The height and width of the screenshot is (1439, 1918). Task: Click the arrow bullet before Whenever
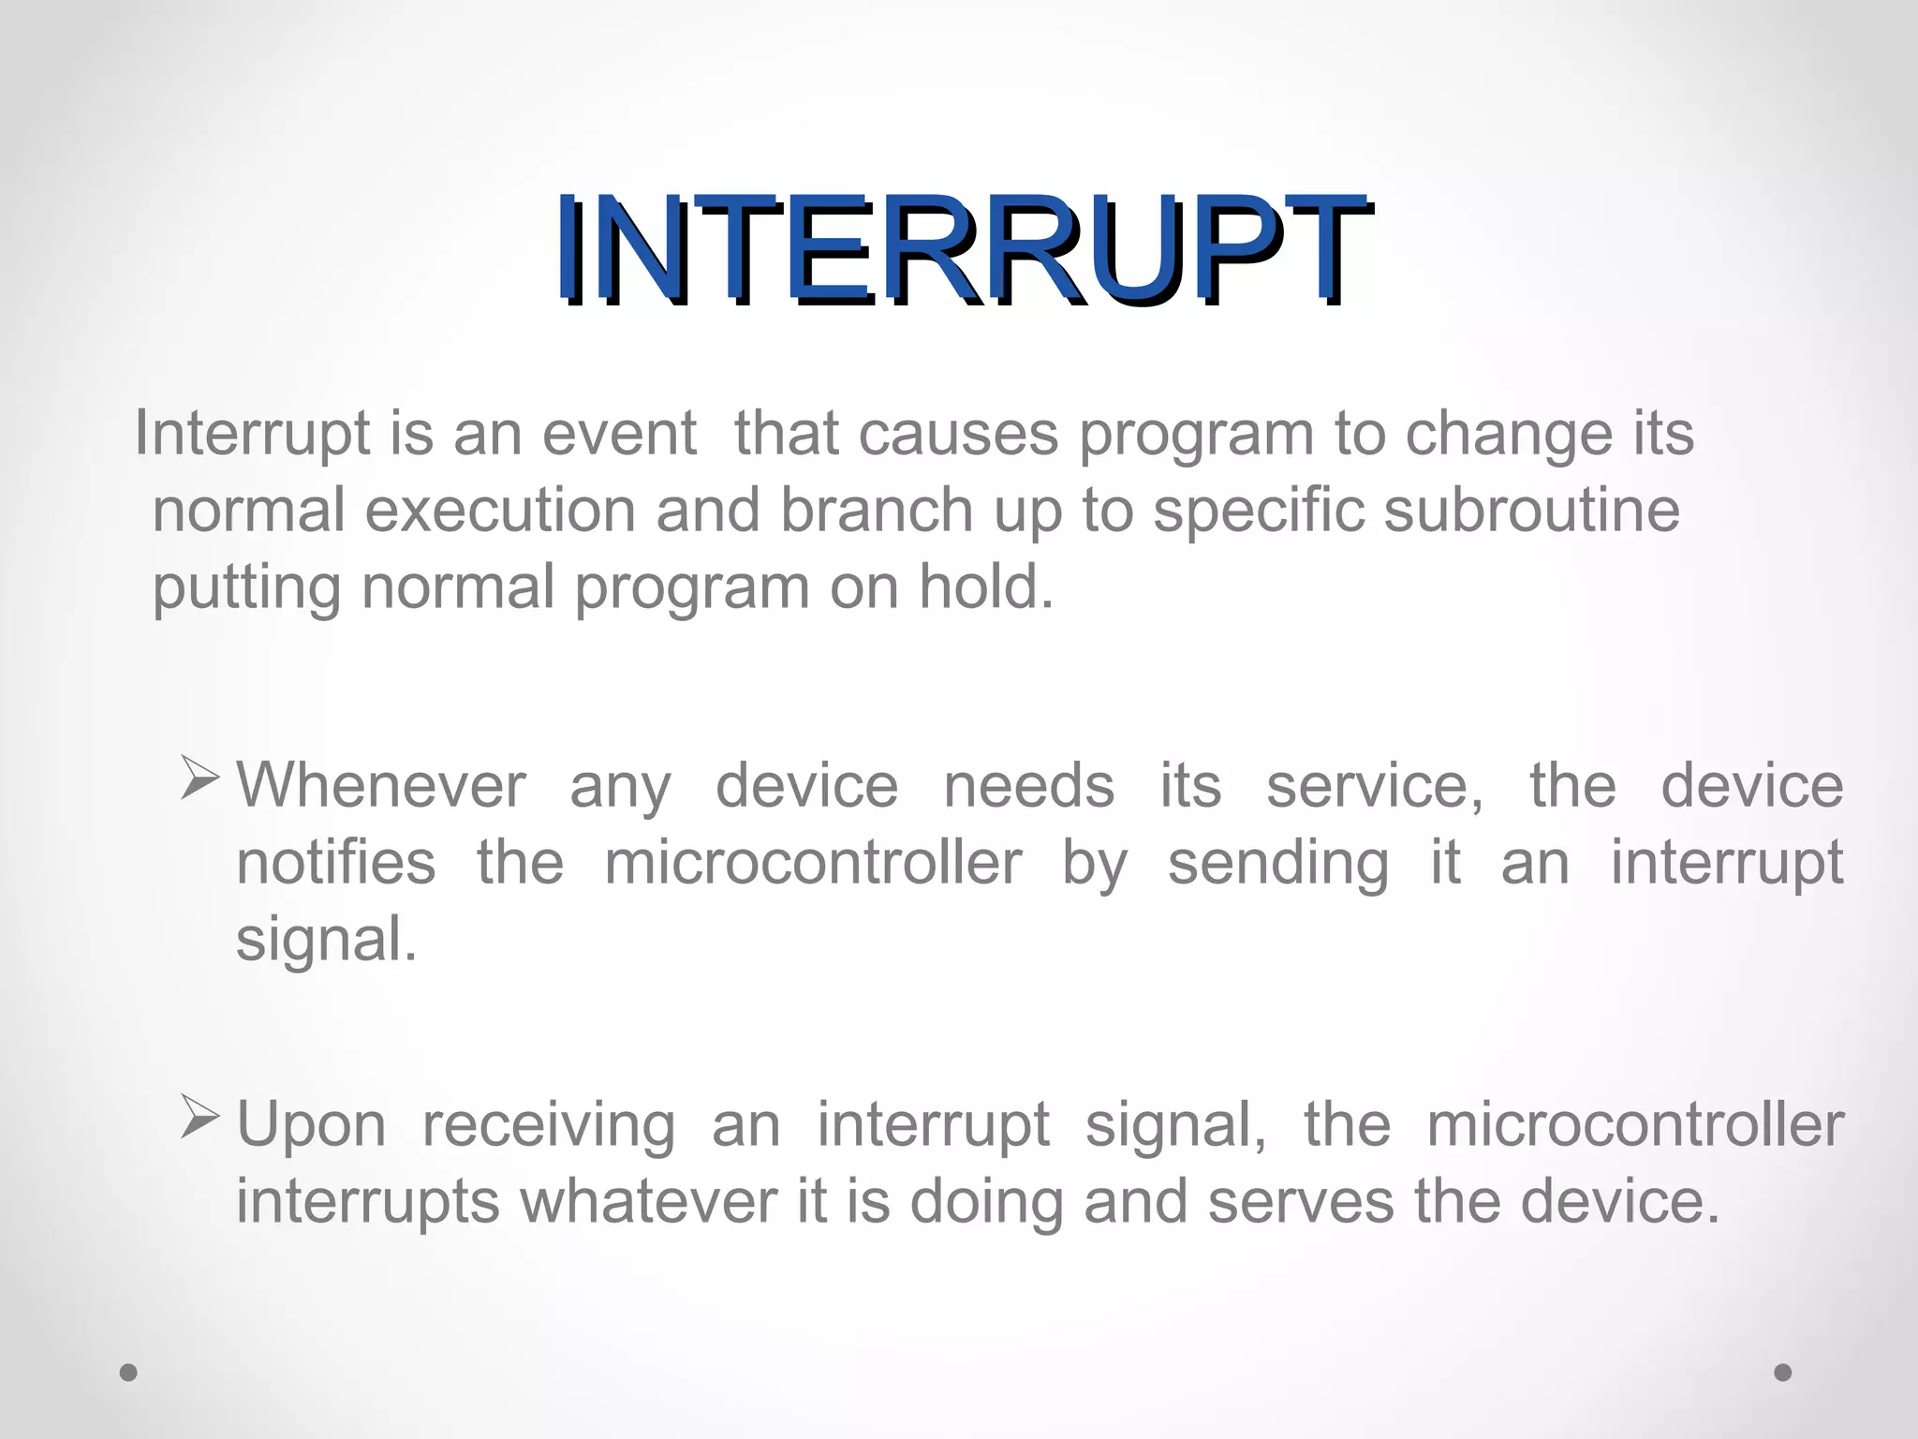tap(199, 780)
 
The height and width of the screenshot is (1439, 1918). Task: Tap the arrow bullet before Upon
tap(199, 1118)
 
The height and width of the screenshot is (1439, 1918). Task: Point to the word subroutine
tap(1531, 511)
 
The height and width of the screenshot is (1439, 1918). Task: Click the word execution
tap(499, 511)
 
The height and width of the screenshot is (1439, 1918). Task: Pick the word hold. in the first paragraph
tap(985, 587)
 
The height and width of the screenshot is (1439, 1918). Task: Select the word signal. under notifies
tap(326, 940)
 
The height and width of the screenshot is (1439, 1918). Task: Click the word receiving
tap(548, 1126)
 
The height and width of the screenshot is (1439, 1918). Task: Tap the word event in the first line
tap(619, 434)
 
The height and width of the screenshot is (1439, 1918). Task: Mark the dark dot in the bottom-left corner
tap(129, 1372)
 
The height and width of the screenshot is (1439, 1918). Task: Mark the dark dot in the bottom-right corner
tap(1783, 1372)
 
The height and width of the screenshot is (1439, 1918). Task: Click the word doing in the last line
tap(986, 1203)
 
